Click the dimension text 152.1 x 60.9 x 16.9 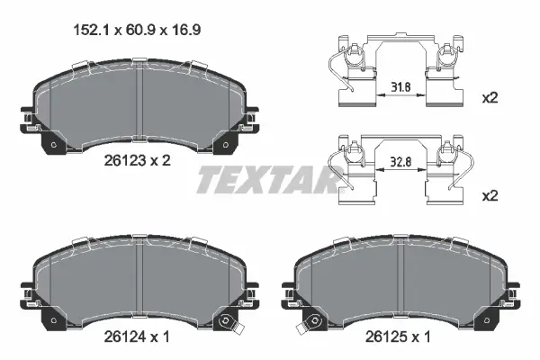click(137, 30)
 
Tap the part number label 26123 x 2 click(137, 160)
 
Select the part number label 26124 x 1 click(137, 337)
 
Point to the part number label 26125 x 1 click(398, 337)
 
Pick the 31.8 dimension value click(400, 86)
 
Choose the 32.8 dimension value click(400, 162)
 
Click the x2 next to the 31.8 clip click(490, 98)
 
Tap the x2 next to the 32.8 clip click(490, 196)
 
